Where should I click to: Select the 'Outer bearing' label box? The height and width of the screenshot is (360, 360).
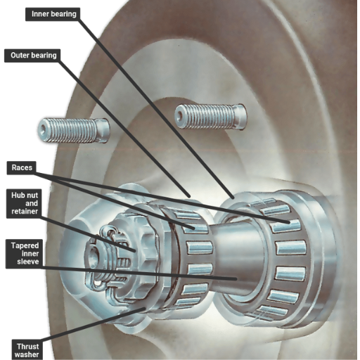click(x=32, y=56)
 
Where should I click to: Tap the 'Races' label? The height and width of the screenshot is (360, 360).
click(x=22, y=168)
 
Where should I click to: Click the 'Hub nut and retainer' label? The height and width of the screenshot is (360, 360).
click(x=24, y=203)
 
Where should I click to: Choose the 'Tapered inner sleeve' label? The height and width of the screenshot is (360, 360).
click(x=25, y=254)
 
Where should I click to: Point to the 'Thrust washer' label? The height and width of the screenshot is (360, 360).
click(x=27, y=349)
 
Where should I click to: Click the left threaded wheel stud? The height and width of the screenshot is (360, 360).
click(x=74, y=130)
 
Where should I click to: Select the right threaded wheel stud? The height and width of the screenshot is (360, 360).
click(x=210, y=117)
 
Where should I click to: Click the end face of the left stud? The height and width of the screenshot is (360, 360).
click(x=44, y=129)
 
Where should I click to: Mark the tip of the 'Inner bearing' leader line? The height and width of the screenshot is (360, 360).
click(x=233, y=198)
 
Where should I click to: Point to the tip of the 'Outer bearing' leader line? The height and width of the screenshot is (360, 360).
click(x=188, y=195)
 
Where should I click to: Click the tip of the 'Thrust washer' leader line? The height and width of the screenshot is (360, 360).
click(x=145, y=309)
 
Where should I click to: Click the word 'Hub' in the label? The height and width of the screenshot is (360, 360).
click(x=18, y=195)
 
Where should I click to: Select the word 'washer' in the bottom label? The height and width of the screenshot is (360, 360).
click(x=27, y=354)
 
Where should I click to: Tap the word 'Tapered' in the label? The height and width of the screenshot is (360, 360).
click(x=25, y=246)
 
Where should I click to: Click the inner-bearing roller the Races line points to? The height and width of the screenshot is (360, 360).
click(x=285, y=226)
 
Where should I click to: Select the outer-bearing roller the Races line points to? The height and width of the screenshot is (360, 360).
click(x=195, y=229)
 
